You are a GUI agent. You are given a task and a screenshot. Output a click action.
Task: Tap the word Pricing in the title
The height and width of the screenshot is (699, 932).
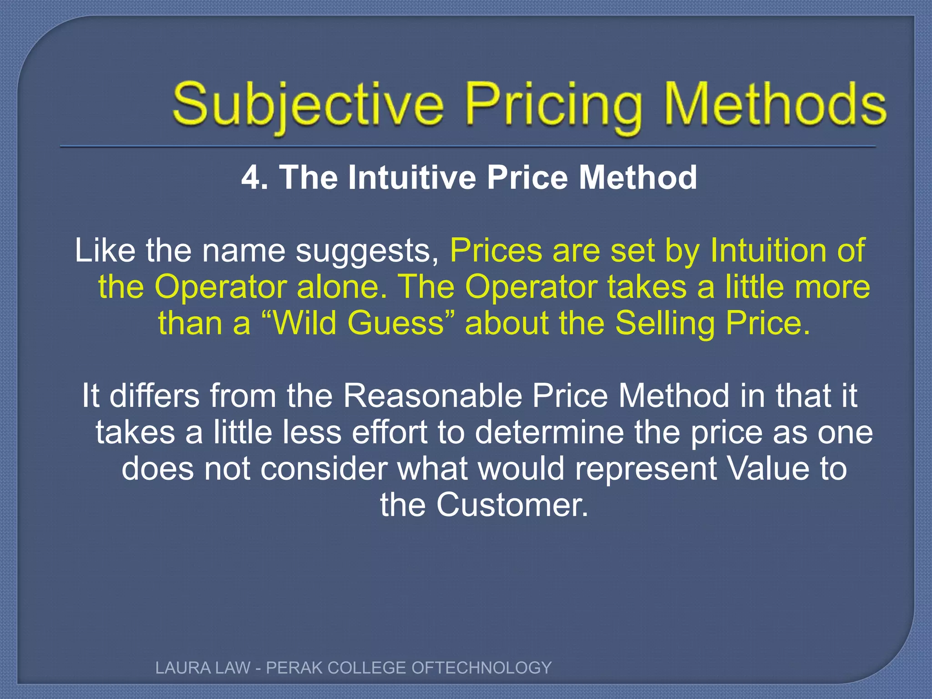[x=555, y=106]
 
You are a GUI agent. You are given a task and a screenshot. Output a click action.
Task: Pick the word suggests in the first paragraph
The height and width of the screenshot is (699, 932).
[x=367, y=251]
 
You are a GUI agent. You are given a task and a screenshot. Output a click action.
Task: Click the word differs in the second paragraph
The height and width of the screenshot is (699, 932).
[x=154, y=396]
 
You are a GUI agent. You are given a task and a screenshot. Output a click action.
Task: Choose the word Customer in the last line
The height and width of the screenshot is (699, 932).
[x=512, y=505]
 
